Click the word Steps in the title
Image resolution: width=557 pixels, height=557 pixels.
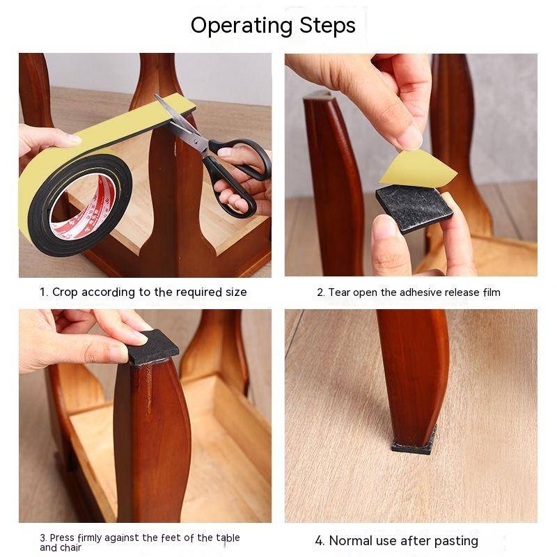point(327,25)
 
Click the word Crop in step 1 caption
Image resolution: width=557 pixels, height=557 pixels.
point(65,292)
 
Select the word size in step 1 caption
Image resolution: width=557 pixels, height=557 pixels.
point(236,292)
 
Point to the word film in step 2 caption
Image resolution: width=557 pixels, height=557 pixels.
point(492,292)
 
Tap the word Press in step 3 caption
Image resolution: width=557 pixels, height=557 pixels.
point(62,538)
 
